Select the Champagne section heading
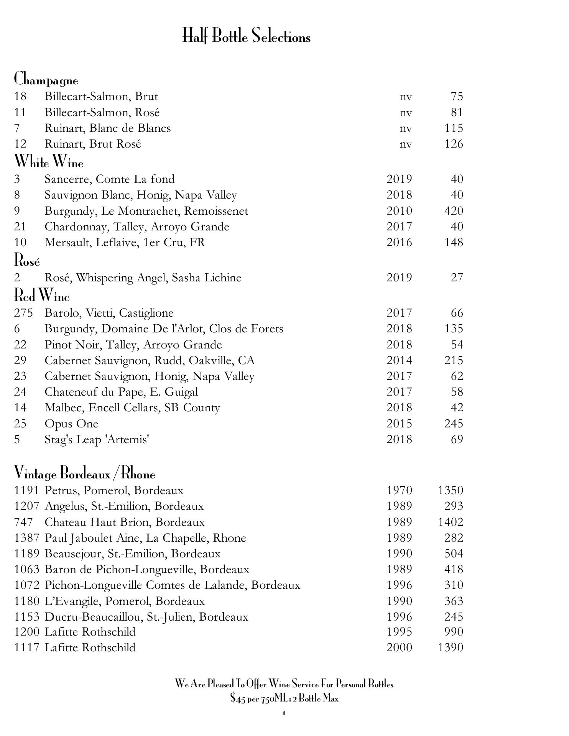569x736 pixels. pos(46,79)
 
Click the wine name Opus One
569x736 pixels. pos(71,424)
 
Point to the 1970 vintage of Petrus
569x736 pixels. pos(399,490)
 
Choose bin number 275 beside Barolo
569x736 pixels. pos(23,313)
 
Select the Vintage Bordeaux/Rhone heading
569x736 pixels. pos(85,474)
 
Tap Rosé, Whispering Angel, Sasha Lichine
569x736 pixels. pos(143,278)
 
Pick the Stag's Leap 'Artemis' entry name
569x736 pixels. pos(97,439)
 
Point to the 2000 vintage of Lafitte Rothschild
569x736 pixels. pos(399,647)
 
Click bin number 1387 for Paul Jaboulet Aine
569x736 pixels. pos(27,538)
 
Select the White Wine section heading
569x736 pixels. pos(49,162)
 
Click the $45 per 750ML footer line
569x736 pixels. pos(284,698)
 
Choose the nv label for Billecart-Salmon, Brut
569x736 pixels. pos(406,97)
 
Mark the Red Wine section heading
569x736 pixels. pos(42,296)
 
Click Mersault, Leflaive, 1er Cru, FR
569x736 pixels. pos(125,242)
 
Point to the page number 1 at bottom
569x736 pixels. pos(284,713)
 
